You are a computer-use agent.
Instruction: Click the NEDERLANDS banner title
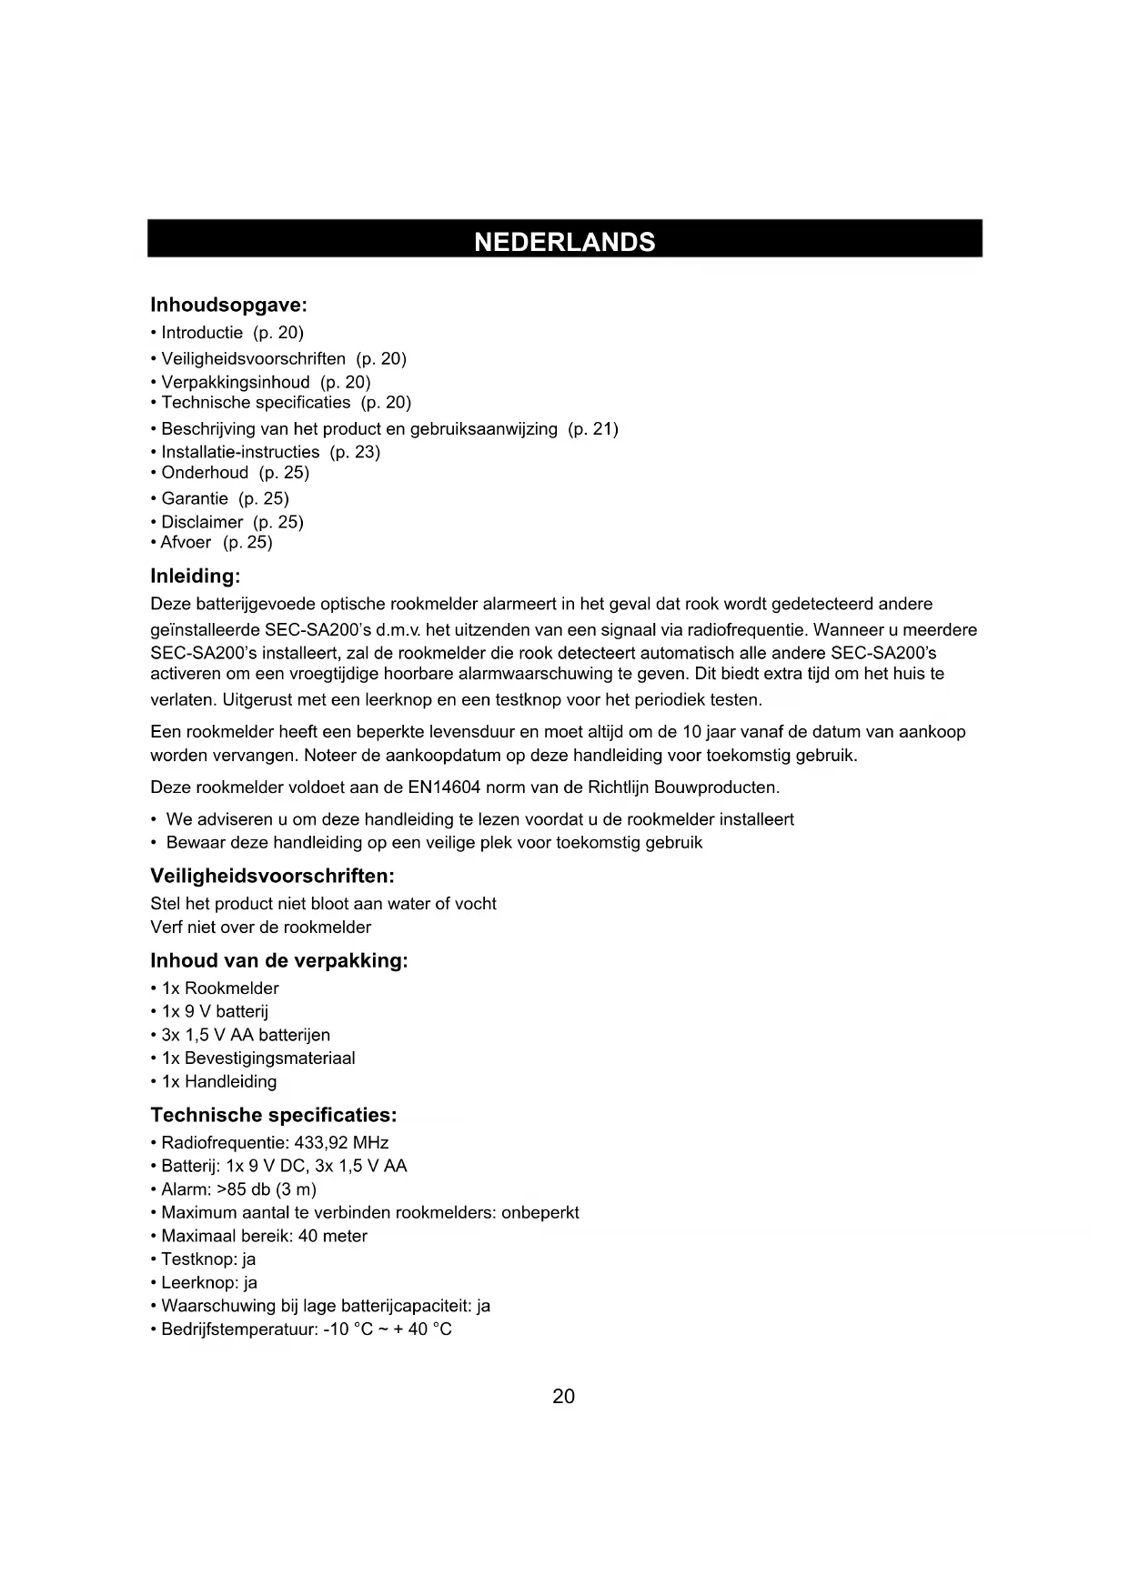564,242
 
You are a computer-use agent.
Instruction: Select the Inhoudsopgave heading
228,305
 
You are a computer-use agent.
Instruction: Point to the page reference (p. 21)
593,428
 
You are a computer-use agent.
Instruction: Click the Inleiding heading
195,577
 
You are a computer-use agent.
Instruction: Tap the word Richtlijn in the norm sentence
620,787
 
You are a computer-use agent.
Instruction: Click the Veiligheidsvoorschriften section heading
272,877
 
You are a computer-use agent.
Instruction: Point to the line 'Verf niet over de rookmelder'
261,928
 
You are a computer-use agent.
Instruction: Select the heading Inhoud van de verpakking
278,961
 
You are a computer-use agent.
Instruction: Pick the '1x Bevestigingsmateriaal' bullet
258,1058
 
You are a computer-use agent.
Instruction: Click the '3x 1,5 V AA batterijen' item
246,1035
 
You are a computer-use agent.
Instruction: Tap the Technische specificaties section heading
273,1116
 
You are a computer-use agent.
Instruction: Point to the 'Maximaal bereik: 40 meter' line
264,1236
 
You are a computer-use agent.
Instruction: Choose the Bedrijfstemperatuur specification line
306,1329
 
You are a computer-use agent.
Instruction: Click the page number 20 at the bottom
564,1397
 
